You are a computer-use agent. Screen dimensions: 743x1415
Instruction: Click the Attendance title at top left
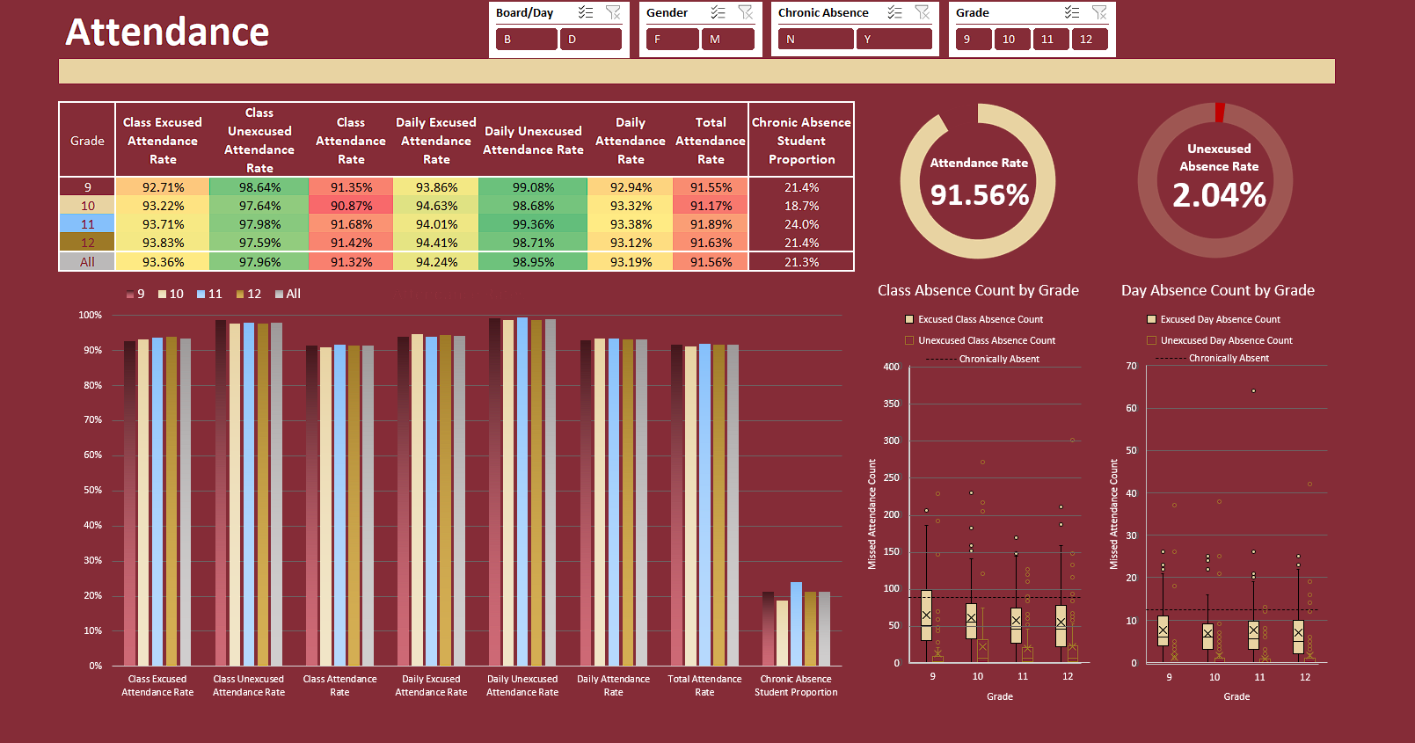pyautogui.click(x=167, y=33)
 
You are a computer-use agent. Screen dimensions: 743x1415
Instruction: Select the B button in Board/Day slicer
pyautogui.click(x=526, y=39)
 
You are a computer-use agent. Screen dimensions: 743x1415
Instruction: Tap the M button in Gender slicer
pyautogui.click(x=727, y=39)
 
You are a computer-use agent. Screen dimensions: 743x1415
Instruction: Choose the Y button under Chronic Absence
pyautogui.click(x=893, y=39)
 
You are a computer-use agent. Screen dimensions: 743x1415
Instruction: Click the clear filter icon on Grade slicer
pyautogui.click(x=1099, y=12)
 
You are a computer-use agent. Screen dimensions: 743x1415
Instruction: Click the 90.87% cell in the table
pyautogui.click(x=351, y=206)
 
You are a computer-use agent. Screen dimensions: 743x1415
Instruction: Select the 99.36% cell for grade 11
pyautogui.click(x=533, y=224)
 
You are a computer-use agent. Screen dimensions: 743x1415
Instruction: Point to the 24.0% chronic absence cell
pyautogui.click(x=801, y=224)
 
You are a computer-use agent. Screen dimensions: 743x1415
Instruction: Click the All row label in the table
pyautogui.click(x=87, y=262)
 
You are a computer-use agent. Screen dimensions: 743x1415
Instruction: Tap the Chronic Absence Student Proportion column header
pyautogui.click(x=801, y=141)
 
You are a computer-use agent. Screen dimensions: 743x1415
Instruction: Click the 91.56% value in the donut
pyautogui.click(x=979, y=194)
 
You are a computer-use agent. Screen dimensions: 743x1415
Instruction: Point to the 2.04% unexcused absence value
pyautogui.click(x=1219, y=194)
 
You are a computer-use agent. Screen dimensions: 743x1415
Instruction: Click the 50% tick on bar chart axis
pyautogui.click(x=92, y=490)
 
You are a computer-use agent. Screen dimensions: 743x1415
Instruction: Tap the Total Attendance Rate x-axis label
pyautogui.click(x=704, y=685)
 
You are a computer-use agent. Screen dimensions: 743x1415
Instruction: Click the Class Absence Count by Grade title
pyautogui.click(x=978, y=290)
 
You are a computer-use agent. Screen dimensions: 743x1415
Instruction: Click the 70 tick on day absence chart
pyautogui.click(x=1132, y=366)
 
